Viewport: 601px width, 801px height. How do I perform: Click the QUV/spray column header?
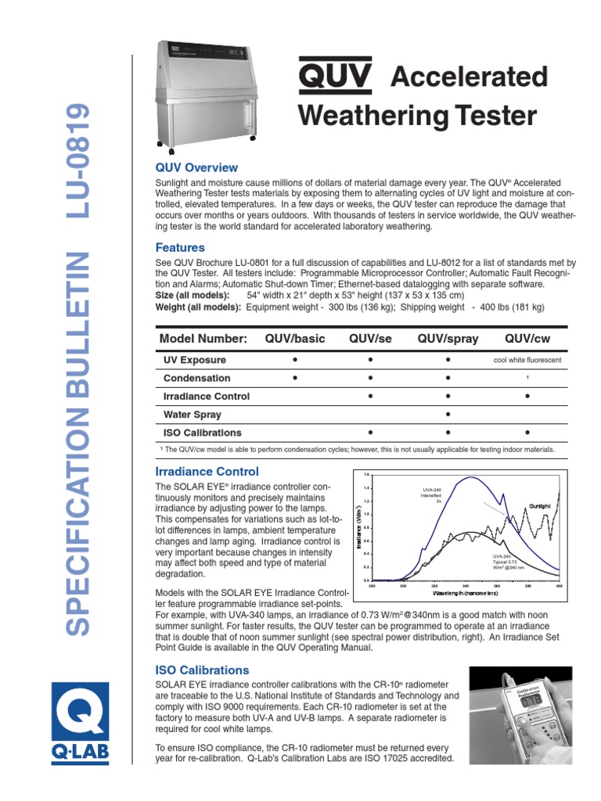coord(448,338)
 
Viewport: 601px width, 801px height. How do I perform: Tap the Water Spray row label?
coord(192,415)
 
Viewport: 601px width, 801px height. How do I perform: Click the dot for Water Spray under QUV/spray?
coord(448,415)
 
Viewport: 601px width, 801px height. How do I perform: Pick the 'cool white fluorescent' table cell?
coord(527,361)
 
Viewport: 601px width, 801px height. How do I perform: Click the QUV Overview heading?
coord(196,167)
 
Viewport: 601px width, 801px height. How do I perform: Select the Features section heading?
coord(180,248)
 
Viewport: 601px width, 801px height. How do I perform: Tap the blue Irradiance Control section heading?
coord(207,472)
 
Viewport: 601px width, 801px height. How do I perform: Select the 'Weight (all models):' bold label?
coord(199,307)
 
